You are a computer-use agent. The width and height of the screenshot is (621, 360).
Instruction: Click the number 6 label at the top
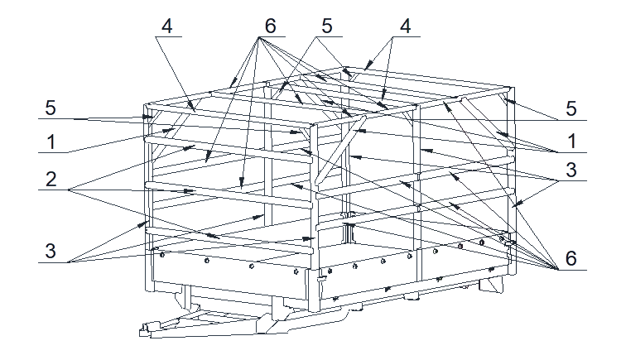(270, 26)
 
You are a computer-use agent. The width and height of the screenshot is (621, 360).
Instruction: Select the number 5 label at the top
(327, 26)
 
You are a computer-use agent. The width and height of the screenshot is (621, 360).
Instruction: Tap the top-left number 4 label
(167, 26)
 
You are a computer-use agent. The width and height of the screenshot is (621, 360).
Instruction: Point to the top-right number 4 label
(405, 26)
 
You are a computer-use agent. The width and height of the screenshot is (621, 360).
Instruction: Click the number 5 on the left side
(51, 108)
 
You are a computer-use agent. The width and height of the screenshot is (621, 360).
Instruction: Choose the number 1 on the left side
(51, 142)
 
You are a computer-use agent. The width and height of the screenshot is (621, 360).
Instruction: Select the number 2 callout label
(51, 180)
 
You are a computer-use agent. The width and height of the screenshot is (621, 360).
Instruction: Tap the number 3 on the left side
(51, 251)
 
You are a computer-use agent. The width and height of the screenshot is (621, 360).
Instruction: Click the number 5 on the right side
(570, 108)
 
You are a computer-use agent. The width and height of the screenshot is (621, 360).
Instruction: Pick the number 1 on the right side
(571, 142)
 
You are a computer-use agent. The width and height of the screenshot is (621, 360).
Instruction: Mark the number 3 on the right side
(570, 170)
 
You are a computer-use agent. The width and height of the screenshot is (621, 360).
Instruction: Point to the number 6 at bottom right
(570, 258)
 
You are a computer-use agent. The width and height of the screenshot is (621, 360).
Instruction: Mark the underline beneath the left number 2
(54, 190)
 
